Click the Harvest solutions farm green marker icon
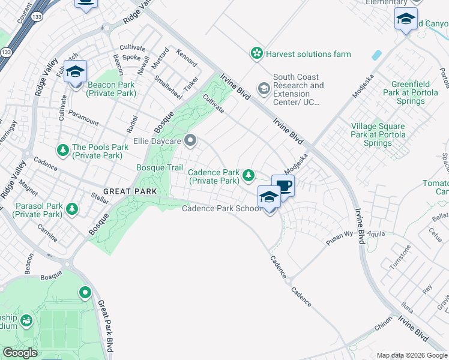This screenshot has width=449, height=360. click(x=257, y=54)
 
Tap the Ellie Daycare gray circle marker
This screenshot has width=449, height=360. click(x=191, y=142)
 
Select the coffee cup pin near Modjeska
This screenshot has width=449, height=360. click(x=283, y=185)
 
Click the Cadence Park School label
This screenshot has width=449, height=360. click(x=221, y=208)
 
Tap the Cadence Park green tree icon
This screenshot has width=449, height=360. click(x=247, y=175)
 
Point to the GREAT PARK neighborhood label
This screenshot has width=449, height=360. click(x=130, y=191)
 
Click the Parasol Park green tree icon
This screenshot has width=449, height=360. click(x=72, y=208)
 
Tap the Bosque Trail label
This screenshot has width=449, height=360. click(x=160, y=167)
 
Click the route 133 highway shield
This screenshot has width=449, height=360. click(x=7, y=53)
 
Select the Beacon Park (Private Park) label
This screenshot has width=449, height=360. click(x=112, y=89)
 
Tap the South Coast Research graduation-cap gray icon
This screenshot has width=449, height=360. click(x=264, y=89)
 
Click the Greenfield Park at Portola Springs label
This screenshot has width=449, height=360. click(x=417, y=93)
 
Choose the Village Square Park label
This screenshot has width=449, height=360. click(x=378, y=135)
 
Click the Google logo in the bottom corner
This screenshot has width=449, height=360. click(x=20, y=353)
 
